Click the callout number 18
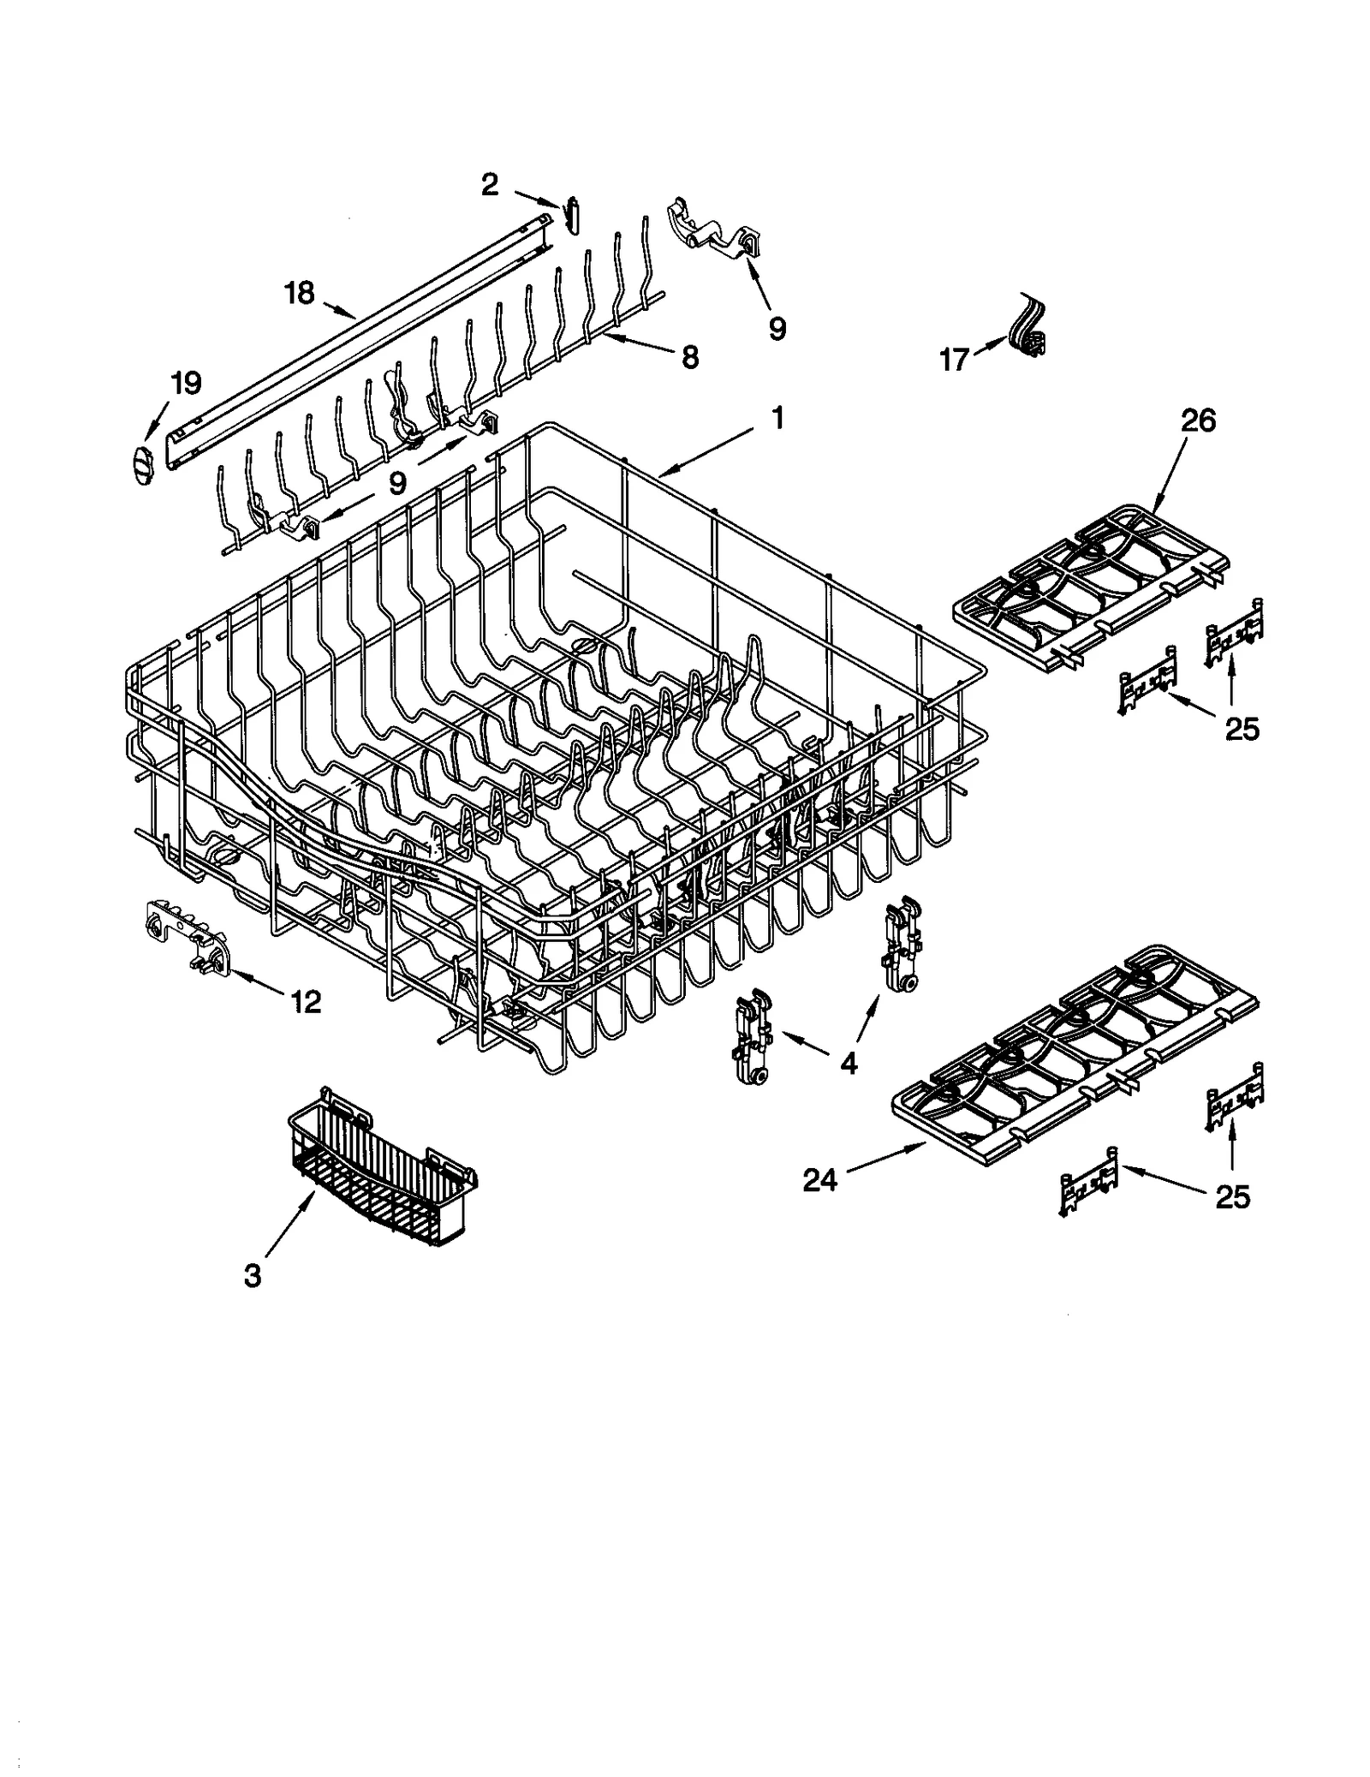300,293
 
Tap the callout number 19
186,382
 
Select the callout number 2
489,183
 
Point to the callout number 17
954,359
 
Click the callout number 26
1198,420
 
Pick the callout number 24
819,1181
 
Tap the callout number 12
306,1000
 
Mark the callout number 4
848,1063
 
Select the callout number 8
689,356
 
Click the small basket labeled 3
381,1169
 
